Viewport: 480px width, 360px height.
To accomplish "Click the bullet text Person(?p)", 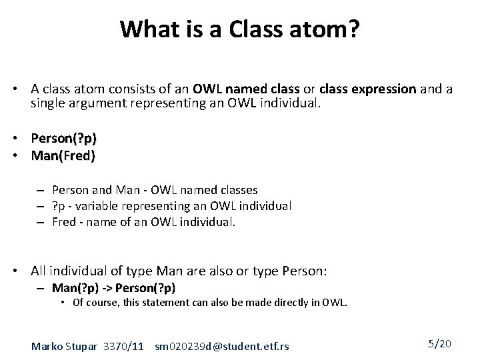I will click(x=63, y=139).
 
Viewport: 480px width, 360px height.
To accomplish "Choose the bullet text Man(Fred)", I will click(x=63, y=156).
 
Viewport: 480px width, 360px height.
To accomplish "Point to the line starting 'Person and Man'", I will click(x=155, y=190).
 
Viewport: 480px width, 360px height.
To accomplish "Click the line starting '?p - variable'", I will click(x=172, y=206).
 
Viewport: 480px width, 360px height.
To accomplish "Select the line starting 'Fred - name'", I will click(x=143, y=222).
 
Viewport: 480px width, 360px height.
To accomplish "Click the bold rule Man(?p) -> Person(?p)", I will click(x=113, y=287).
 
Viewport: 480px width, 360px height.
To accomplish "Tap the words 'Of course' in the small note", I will click(x=93, y=303).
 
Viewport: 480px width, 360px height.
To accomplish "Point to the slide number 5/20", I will click(x=439, y=344).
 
